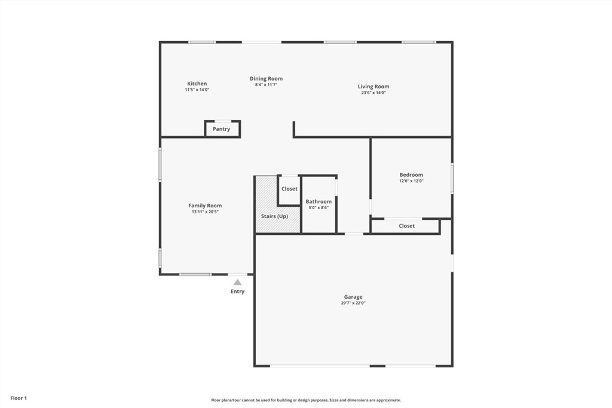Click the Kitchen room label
(197, 84)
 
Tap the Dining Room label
(266, 78)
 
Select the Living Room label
(374, 87)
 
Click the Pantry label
(221, 129)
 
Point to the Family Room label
(205, 205)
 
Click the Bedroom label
(411, 175)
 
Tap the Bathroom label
(319, 202)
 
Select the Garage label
(353, 297)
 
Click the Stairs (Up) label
(274, 216)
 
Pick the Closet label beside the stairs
(289, 189)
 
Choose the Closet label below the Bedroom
(406, 226)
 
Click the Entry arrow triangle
(237, 282)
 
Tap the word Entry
(237, 292)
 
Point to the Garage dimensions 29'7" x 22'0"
(353, 303)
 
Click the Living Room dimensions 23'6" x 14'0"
(374, 93)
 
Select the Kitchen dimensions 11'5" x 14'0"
(197, 90)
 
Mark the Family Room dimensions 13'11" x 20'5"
(205, 211)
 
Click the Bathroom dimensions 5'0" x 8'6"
(319, 208)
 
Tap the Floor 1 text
(19, 398)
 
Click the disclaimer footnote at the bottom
(306, 400)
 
